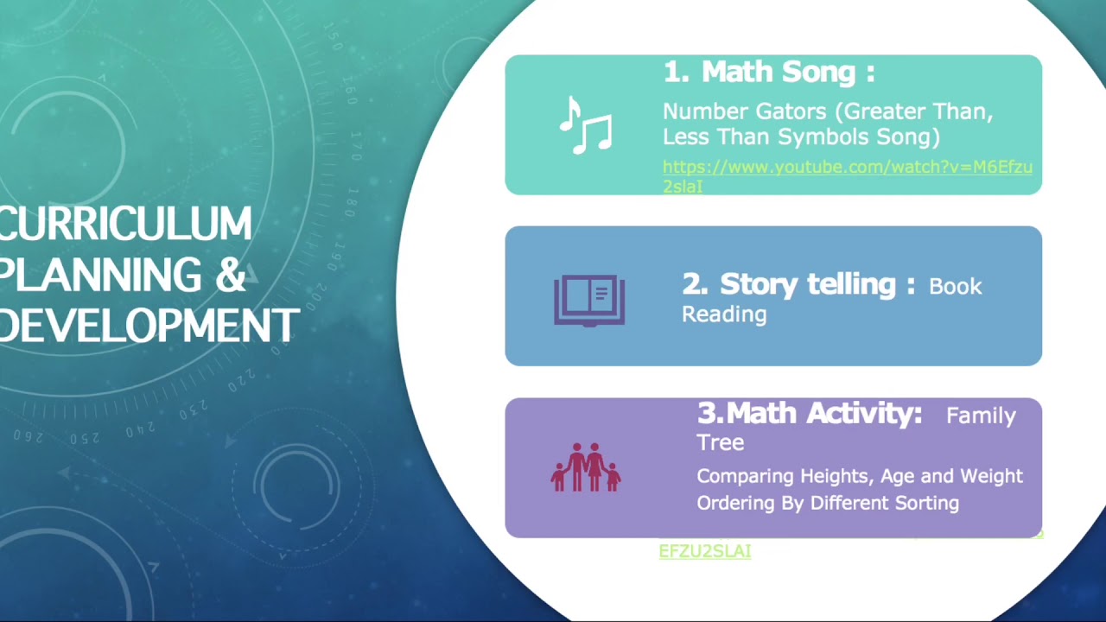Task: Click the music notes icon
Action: click(586, 125)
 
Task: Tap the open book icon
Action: click(589, 300)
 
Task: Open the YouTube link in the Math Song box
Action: click(847, 168)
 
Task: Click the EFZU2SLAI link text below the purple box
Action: click(704, 551)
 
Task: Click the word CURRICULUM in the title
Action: click(126, 225)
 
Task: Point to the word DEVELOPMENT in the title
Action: click(149, 327)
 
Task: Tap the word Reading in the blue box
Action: click(724, 314)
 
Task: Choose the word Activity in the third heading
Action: click(865, 414)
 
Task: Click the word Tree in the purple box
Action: click(720, 442)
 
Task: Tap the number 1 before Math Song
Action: click(674, 72)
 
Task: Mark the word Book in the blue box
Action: click(955, 287)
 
